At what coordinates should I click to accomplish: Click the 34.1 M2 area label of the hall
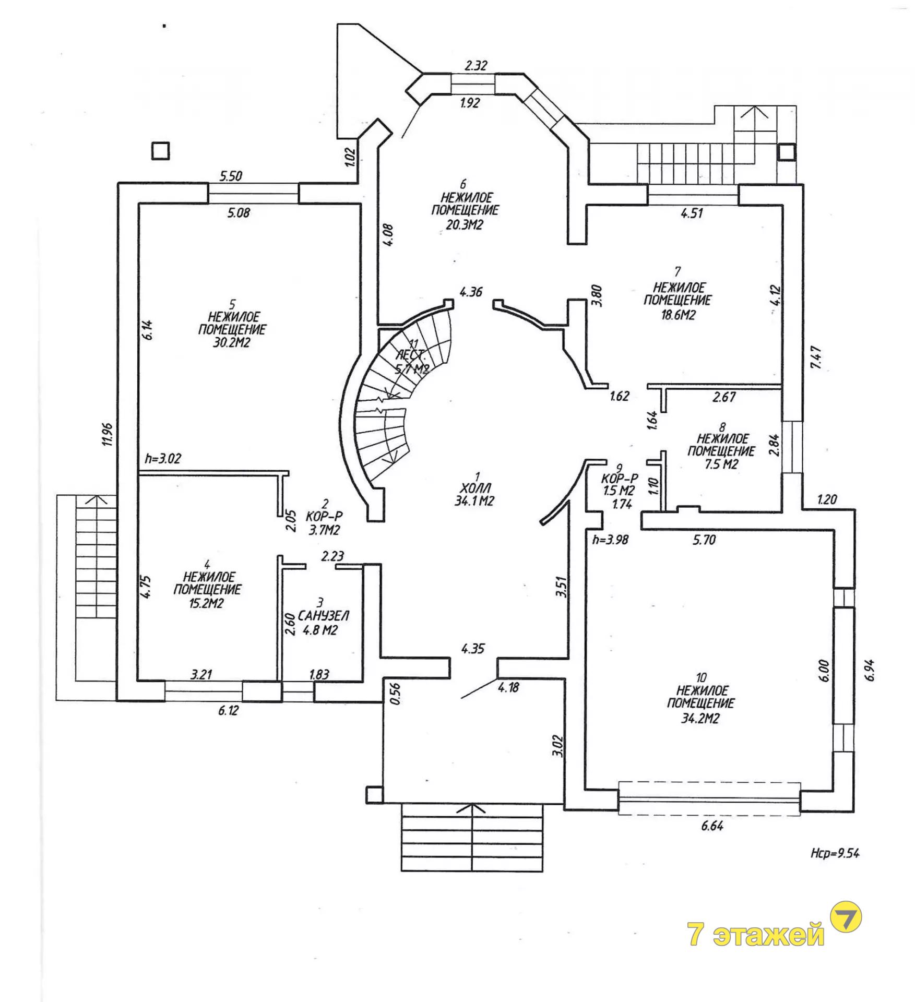(x=474, y=501)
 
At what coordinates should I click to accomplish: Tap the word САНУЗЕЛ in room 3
(x=323, y=616)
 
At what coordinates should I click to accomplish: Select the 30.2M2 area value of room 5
(x=231, y=342)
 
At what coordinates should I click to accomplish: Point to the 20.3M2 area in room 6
(x=464, y=224)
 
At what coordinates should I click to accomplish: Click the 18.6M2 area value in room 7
(x=678, y=314)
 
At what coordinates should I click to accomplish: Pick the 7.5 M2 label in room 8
(x=721, y=464)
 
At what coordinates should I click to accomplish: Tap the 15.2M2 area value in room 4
(x=207, y=604)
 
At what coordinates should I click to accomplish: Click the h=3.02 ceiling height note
(x=163, y=458)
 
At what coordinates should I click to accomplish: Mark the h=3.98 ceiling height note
(x=610, y=540)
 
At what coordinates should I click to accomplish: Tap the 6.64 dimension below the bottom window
(x=712, y=826)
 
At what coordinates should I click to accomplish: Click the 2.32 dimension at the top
(x=476, y=65)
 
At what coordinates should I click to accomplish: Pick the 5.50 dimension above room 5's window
(x=231, y=176)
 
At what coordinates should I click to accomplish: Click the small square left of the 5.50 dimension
(x=160, y=151)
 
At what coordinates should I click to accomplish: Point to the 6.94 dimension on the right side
(x=869, y=670)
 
